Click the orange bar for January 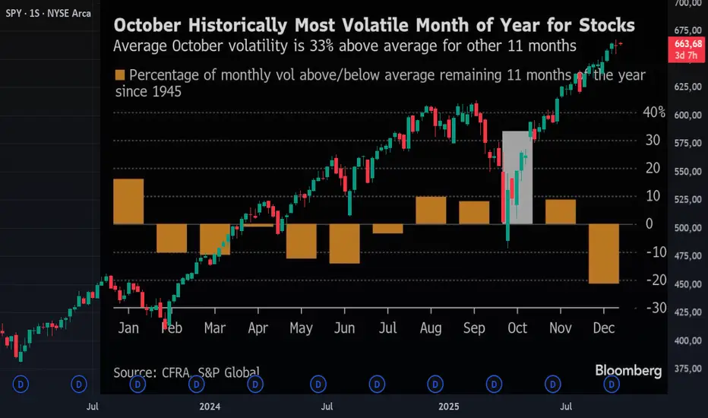[128, 201]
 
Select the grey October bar [517, 178]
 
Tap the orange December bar [604, 254]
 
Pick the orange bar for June [344, 243]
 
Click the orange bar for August [431, 211]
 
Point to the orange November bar [561, 212]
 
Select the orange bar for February [172, 238]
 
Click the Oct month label [517, 328]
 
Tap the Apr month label [258, 328]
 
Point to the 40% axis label [653, 112]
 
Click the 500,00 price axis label [686, 227]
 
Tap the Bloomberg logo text [628, 371]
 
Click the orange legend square [119, 75]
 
